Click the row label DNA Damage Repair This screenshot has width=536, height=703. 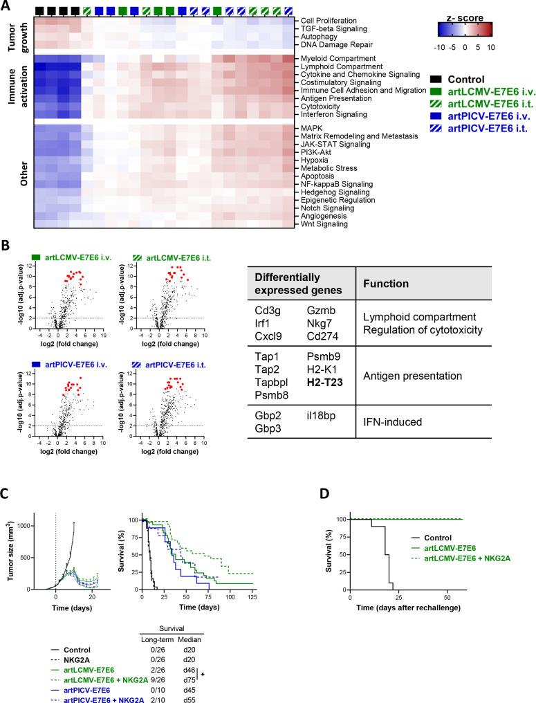331,44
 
